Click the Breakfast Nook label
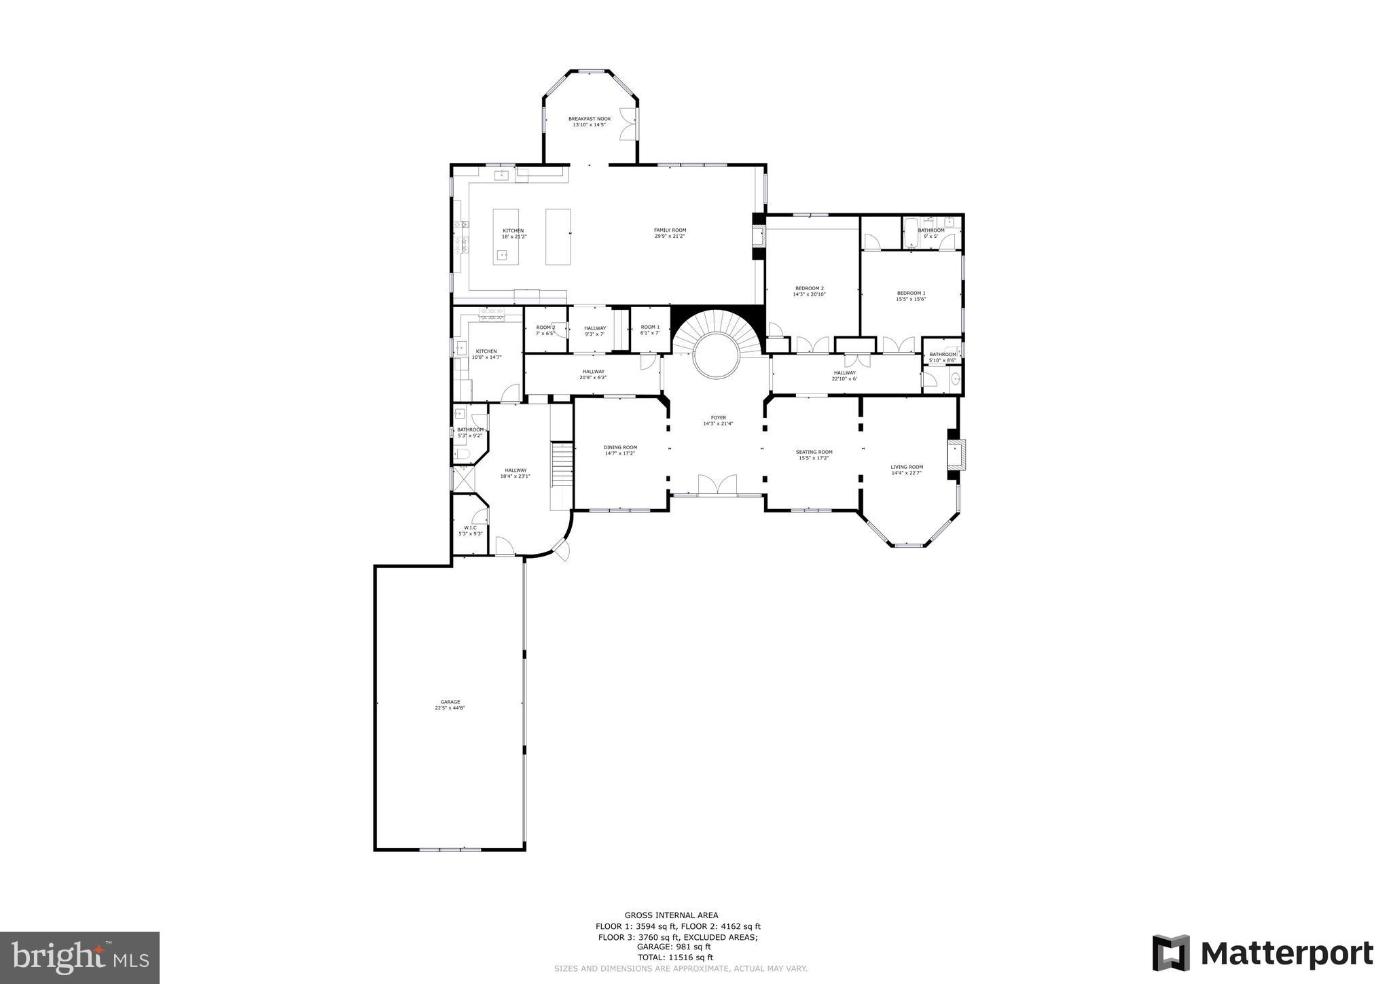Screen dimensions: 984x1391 pyautogui.click(x=590, y=119)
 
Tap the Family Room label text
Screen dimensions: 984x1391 pyautogui.click(x=670, y=230)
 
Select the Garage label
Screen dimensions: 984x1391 pyautogui.click(x=450, y=702)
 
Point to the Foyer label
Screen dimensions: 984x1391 pyautogui.click(x=718, y=418)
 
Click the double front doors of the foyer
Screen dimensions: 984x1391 pyautogui.click(x=717, y=485)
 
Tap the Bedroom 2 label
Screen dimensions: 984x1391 pyautogui.click(x=809, y=288)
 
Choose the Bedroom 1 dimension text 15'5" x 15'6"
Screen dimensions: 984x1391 pyautogui.click(x=911, y=299)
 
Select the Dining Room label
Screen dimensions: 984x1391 pyautogui.click(x=620, y=447)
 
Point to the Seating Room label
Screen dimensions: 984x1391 pyautogui.click(x=814, y=452)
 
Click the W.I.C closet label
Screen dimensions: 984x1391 pyautogui.click(x=470, y=528)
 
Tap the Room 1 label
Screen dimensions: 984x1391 pyautogui.click(x=650, y=328)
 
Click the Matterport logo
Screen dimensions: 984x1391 pyautogui.click(x=1263, y=953)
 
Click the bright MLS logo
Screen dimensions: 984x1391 pyautogui.click(x=79, y=957)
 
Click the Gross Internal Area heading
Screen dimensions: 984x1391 pyautogui.click(x=671, y=915)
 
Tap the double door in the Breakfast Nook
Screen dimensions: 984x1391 pyautogui.click(x=628, y=124)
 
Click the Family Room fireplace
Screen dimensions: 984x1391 pyautogui.click(x=759, y=236)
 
